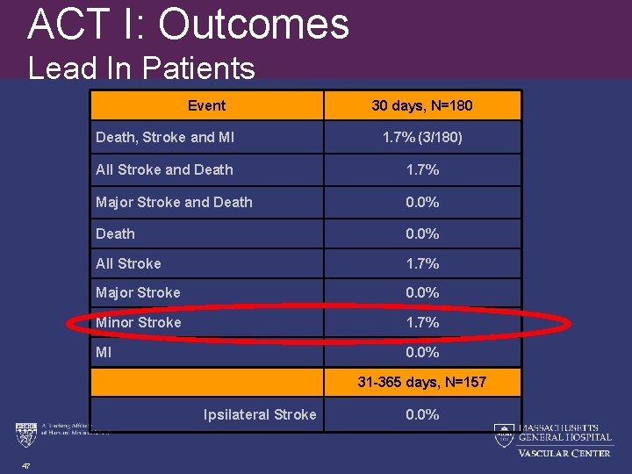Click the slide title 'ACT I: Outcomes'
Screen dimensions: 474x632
point(188,25)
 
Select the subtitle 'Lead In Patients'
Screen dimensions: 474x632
point(141,68)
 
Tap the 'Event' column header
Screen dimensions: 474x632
point(206,106)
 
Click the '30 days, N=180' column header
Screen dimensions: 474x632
point(422,106)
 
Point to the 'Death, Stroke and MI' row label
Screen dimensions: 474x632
point(165,137)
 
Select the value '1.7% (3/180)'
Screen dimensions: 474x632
point(422,137)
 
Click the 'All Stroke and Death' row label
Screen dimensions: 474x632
point(164,169)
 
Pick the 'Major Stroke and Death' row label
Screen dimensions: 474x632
point(174,202)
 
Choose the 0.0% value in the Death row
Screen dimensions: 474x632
point(422,233)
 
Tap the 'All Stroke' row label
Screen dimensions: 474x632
point(128,263)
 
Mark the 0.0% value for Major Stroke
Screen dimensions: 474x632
point(422,292)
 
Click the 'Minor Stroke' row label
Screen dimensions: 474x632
point(139,322)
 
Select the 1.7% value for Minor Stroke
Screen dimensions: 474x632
point(422,322)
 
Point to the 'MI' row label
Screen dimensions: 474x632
point(104,353)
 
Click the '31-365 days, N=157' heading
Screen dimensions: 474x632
point(422,383)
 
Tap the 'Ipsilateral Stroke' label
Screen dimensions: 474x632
point(260,414)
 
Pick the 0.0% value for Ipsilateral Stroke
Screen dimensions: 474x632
point(422,414)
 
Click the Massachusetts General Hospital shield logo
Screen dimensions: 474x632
point(504,434)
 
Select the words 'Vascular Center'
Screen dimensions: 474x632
point(564,453)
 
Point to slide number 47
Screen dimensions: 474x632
point(27,467)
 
